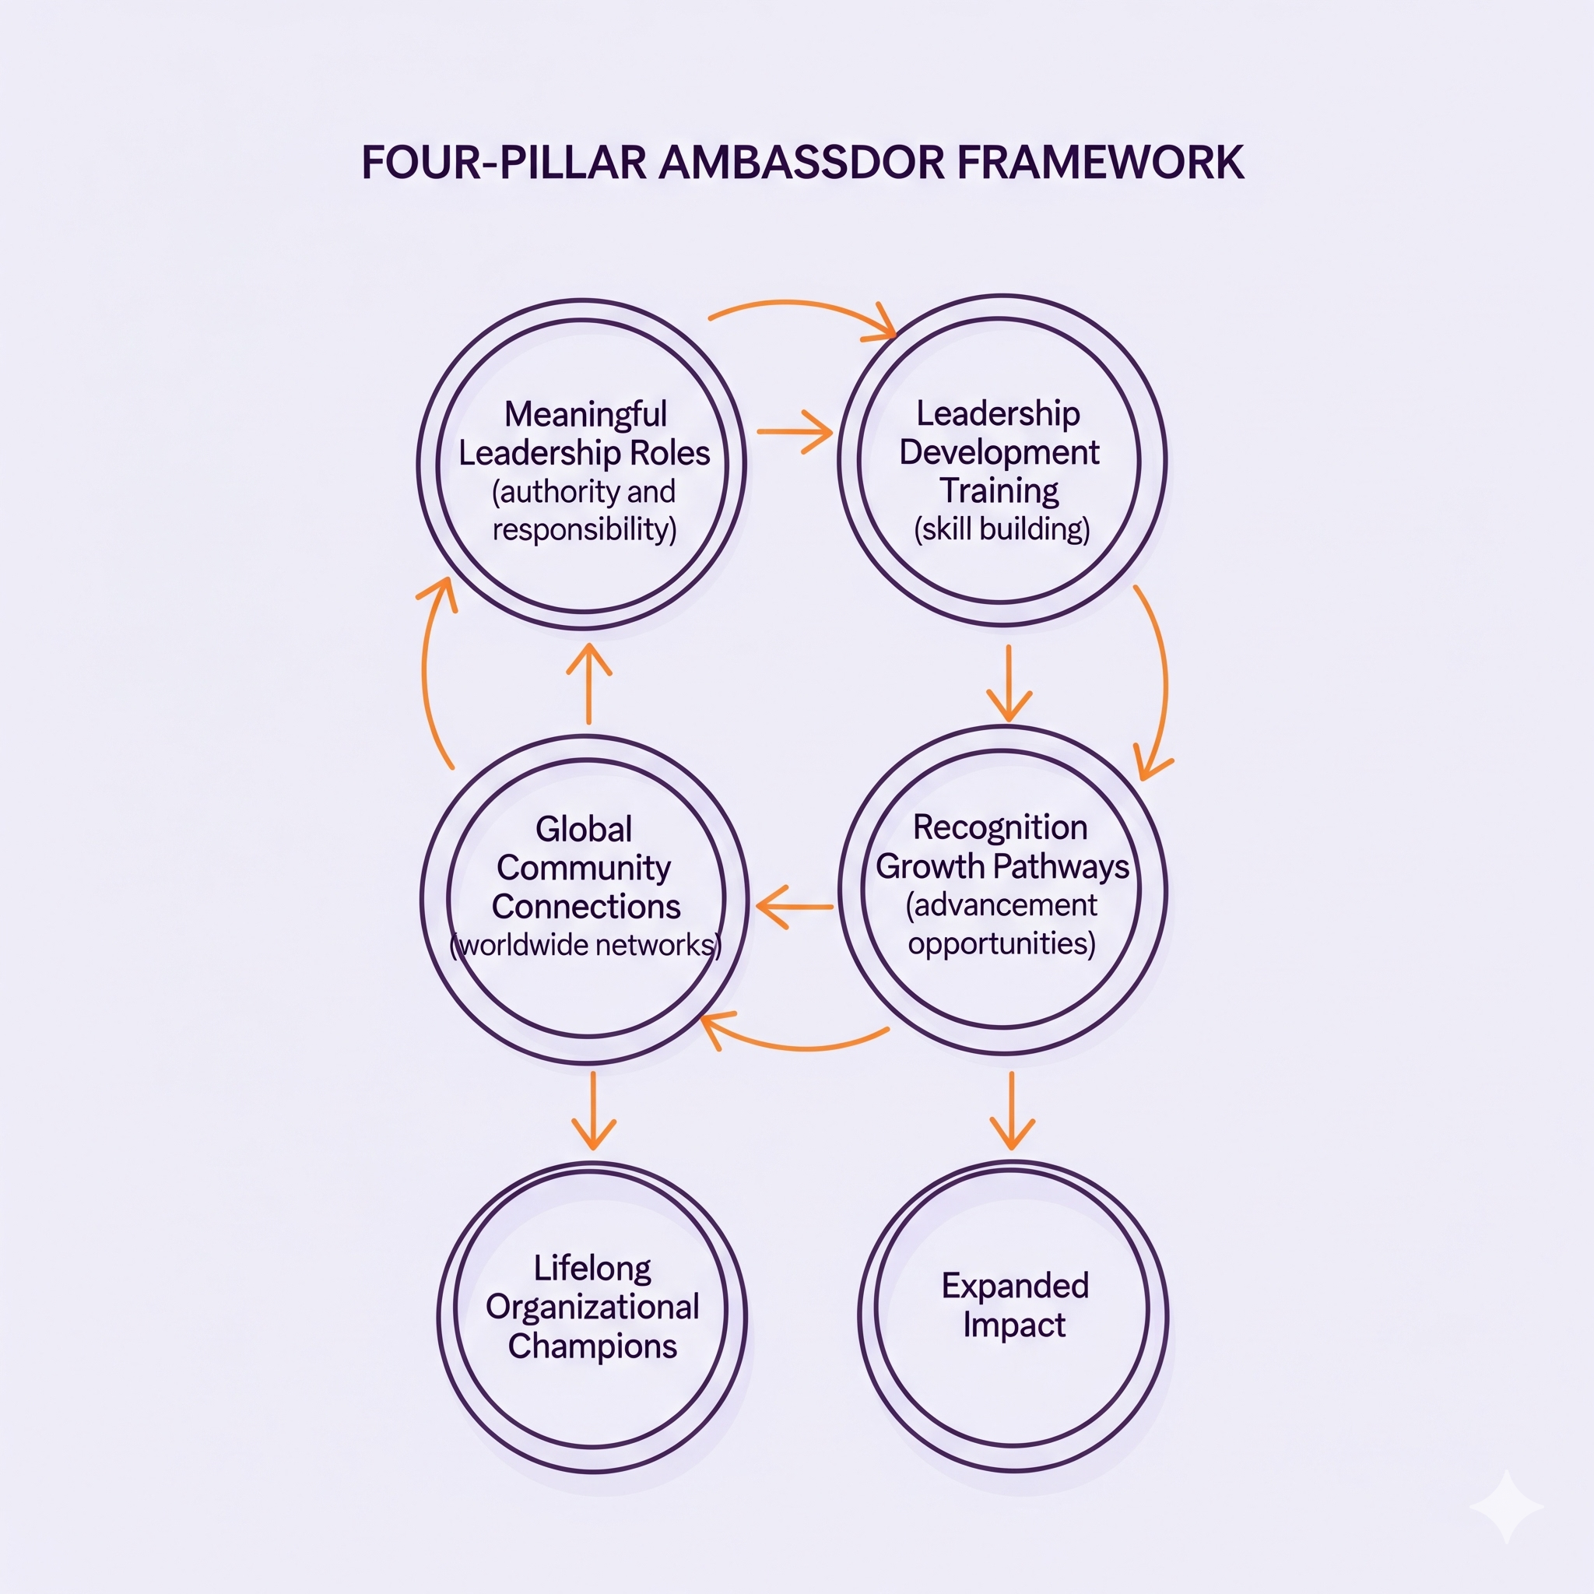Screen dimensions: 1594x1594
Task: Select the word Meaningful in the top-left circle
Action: point(585,414)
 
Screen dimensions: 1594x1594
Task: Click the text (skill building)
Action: point(1002,528)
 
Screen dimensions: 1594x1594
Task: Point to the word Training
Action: point(999,491)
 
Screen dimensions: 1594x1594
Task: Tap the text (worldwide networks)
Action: point(585,945)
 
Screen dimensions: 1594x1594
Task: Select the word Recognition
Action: point(1000,827)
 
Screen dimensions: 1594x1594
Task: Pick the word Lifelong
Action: point(592,1268)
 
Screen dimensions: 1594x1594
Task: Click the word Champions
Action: point(592,1346)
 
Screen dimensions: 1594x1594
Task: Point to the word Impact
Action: point(1014,1325)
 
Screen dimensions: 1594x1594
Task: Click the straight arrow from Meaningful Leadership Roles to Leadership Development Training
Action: point(794,430)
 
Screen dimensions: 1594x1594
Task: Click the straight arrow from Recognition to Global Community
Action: point(794,907)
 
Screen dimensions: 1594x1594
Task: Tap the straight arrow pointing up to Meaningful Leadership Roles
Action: point(589,684)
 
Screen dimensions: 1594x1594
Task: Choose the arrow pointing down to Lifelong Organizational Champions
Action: point(593,1110)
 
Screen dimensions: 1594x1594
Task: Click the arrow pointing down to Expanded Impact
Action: point(1012,1110)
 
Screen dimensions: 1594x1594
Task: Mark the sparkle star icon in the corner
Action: point(1507,1507)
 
